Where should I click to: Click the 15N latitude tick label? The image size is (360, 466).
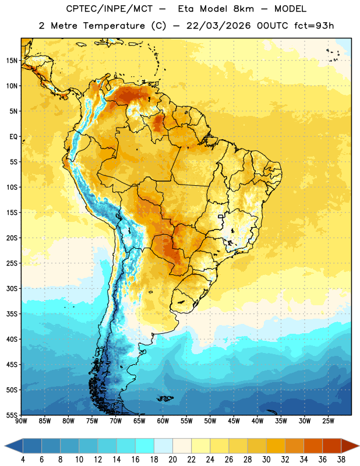[12, 61]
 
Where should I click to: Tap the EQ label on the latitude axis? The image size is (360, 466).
[13, 137]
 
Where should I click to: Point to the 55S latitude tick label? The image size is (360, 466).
[12, 415]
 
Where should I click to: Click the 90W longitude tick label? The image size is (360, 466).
[22, 421]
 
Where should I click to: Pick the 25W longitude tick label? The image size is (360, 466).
[328, 421]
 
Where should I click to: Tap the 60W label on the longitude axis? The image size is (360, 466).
[163, 421]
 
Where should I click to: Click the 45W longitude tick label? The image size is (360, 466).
[234, 421]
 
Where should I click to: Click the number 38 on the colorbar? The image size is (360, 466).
[341, 460]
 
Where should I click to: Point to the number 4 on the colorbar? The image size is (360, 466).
[23, 460]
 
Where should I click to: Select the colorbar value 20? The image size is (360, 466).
[172, 460]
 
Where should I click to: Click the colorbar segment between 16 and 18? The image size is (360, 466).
[144, 446]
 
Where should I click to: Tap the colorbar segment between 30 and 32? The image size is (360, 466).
[276, 446]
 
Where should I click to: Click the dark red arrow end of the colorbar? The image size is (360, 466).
[350, 446]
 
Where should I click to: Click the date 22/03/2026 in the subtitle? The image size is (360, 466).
[219, 26]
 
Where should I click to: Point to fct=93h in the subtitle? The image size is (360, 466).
[314, 26]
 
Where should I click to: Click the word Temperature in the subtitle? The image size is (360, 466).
[114, 26]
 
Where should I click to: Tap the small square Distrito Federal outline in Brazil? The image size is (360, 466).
[221, 217]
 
